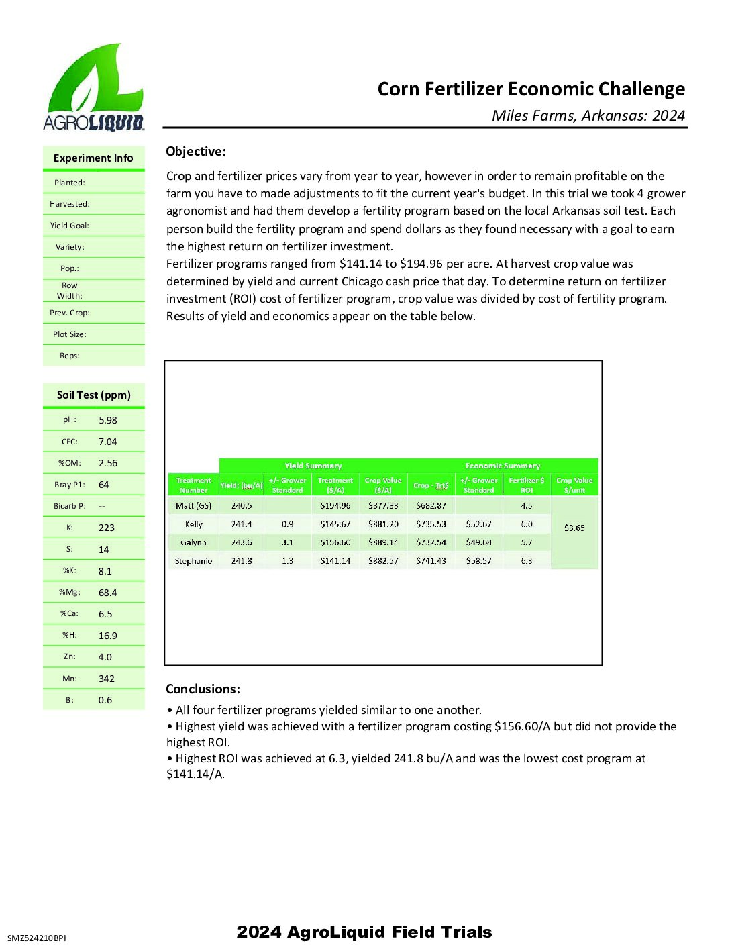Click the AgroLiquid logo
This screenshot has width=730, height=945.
point(93,87)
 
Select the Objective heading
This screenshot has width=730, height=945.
point(196,152)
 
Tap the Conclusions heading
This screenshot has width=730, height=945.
point(203,689)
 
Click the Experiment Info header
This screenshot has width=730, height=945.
point(93,158)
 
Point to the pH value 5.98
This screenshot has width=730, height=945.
point(107,420)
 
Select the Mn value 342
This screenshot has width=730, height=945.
point(107,679)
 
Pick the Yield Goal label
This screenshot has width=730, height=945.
point(69,226)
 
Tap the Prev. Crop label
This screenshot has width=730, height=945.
point(70,313)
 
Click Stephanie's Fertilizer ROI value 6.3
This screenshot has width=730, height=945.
point(527,561)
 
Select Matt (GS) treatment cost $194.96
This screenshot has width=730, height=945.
point(335,506)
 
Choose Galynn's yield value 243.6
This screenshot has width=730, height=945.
point(242,542)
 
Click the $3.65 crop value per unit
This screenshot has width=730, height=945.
point(574,528)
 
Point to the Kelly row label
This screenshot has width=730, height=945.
point(194,524)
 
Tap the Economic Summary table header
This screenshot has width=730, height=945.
point(503,466)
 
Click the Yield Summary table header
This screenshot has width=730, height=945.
point(313,466)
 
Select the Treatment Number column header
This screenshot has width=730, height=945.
point(194,485)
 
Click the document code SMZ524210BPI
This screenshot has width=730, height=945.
point(37,938)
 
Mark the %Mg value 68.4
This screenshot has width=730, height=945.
point(107,593)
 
